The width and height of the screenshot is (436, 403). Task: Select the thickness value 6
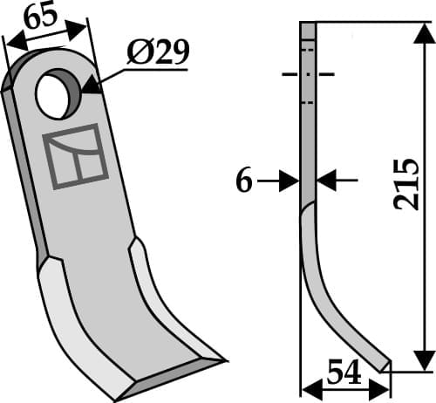244,181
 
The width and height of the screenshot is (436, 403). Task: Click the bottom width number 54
344,373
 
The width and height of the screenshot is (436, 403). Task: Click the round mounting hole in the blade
58,92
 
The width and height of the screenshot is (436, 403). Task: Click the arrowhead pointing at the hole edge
92,85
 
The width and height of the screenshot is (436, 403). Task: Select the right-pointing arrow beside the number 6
288,181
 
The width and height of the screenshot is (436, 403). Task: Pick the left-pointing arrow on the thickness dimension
326,181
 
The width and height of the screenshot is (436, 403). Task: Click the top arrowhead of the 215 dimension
423,35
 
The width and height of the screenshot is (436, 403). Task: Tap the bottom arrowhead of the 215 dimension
423,359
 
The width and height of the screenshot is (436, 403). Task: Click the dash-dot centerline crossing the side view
309,75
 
